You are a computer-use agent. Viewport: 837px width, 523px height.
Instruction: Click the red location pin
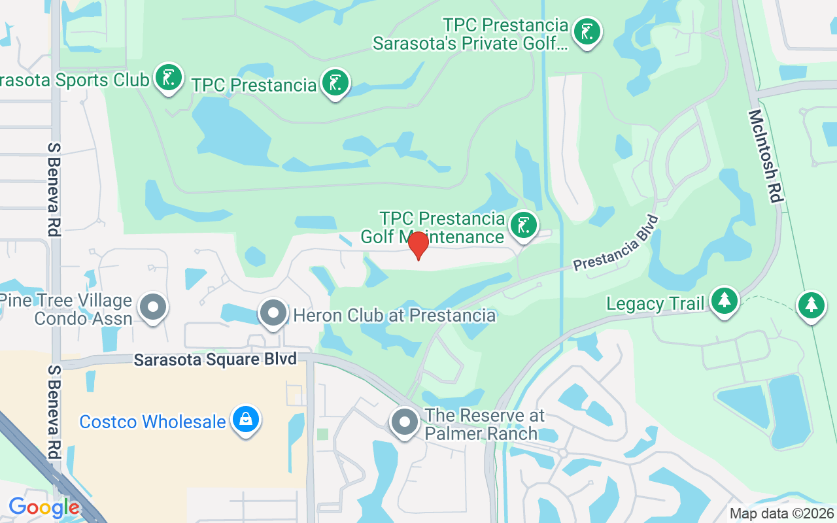(x=418, y=245)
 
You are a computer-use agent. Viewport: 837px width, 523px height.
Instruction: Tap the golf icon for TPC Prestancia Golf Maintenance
(x=522, y=225)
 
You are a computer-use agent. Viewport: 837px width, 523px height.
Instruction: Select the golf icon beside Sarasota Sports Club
(x=169, y=77)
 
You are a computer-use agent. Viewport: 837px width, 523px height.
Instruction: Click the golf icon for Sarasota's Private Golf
(x=587, y=31)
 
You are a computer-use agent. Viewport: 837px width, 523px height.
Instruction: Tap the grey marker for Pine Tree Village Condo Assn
(x=154, y=306)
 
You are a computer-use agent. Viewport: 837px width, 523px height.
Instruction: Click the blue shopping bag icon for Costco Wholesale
(x=245, y=419)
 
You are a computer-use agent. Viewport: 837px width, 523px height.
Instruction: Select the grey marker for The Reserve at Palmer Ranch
(x=404, y=422)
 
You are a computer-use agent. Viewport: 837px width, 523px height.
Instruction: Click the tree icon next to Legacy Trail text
(x=724, y=301)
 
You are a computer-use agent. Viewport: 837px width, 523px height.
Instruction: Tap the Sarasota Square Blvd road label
(x=215, y=359)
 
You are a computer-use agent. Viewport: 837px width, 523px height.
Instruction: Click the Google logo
(x=44, y=507)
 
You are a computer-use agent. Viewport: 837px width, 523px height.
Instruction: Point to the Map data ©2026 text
(x=782, y=514)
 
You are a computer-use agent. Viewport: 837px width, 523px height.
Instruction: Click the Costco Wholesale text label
(x=152, y=422)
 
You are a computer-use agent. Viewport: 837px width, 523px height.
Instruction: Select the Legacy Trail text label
(x=655, y=303)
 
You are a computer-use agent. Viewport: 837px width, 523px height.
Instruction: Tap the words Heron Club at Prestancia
(x=394, y=315)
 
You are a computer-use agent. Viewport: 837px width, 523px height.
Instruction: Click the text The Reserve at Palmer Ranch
(x=485, y=424)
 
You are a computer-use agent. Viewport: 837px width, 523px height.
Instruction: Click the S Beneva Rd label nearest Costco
(x=53, y=412)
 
